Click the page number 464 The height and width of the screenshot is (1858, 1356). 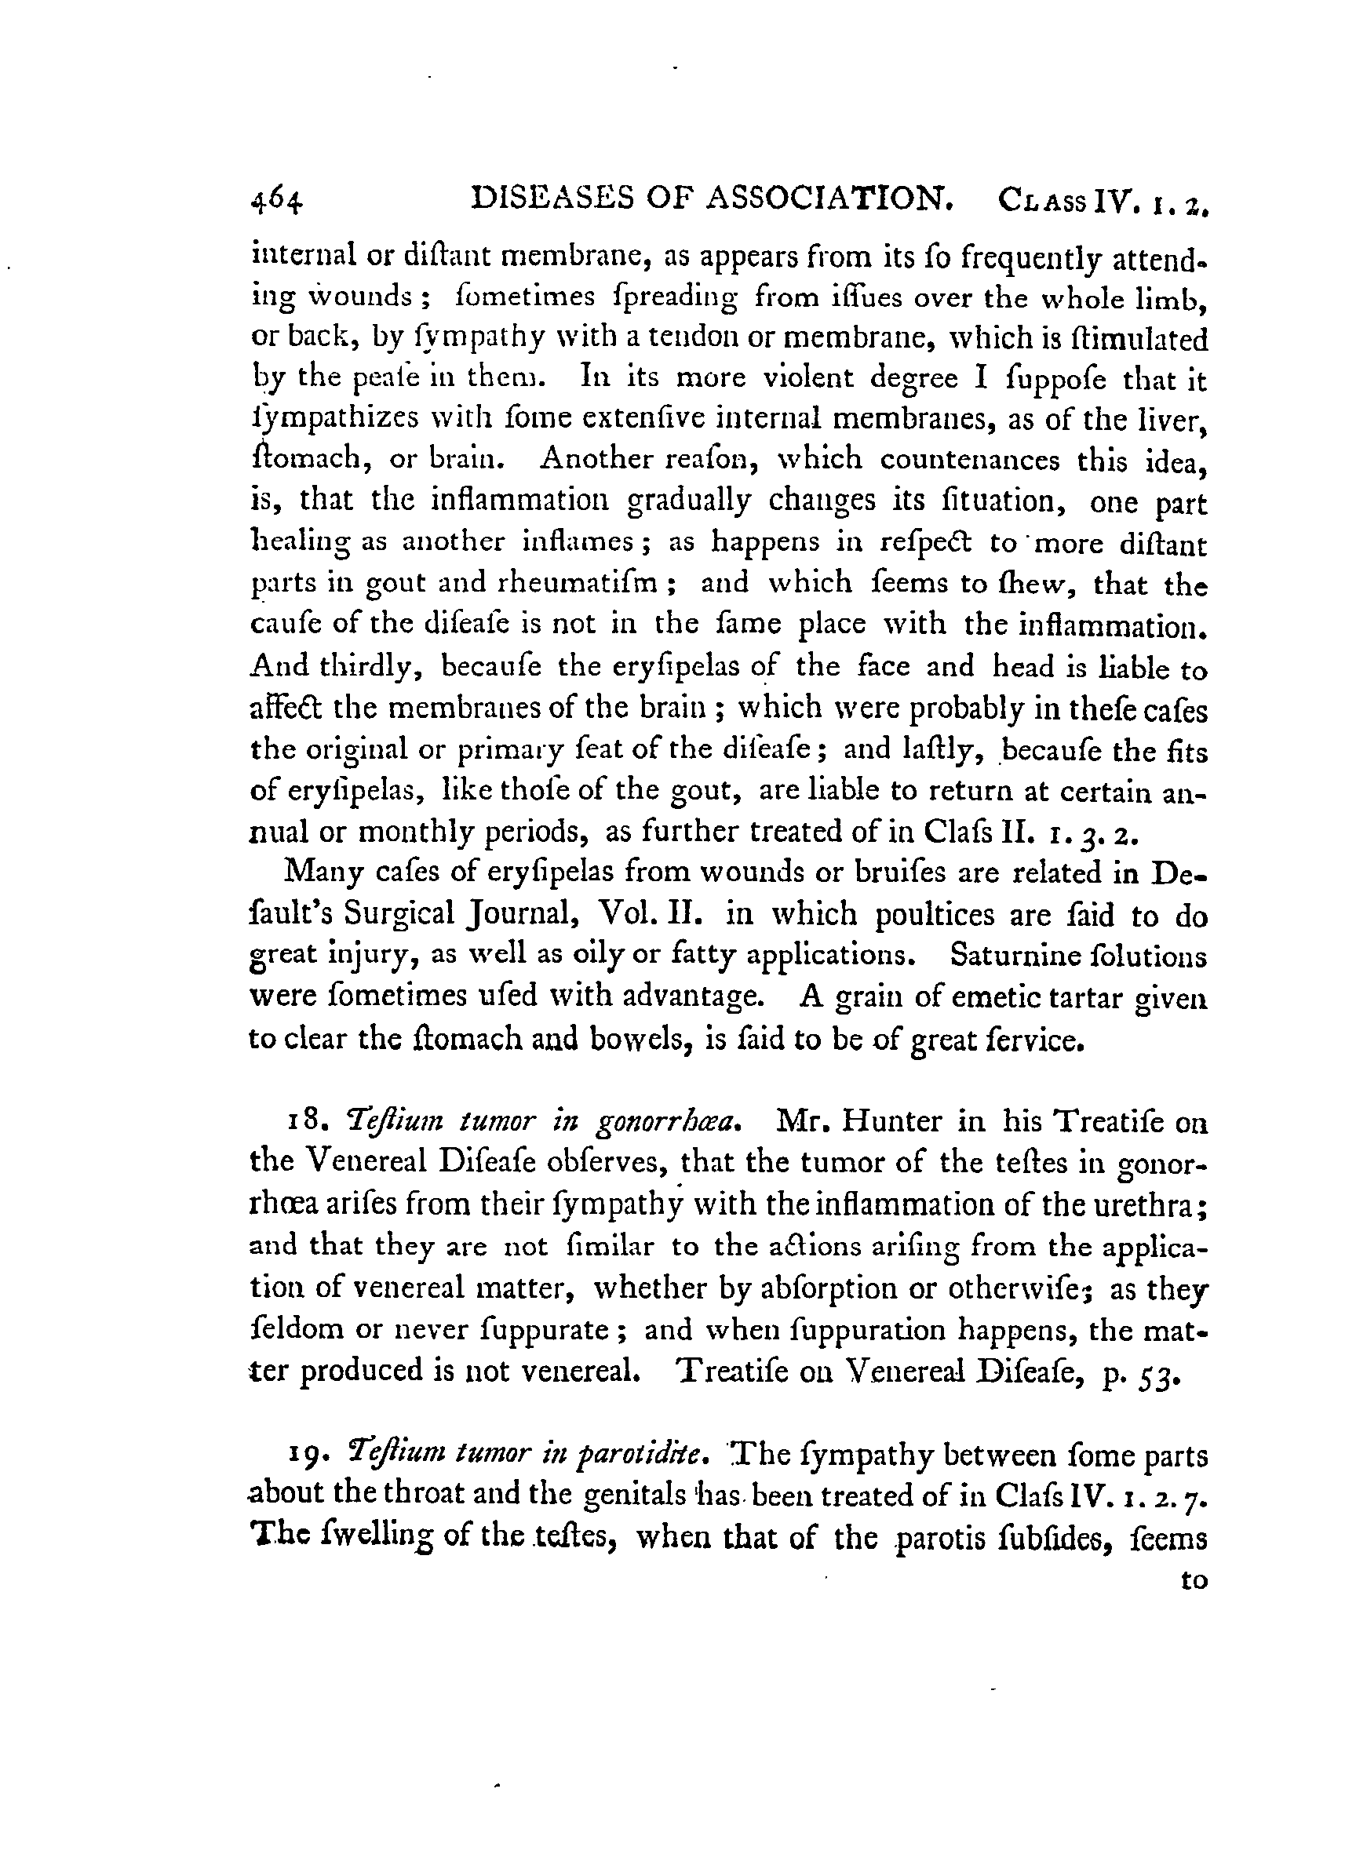point(278,200)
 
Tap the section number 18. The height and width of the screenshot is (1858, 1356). point(299,1121)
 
